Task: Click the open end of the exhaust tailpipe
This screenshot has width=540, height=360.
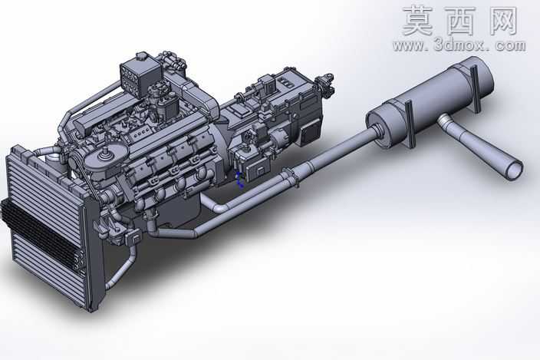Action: [514, 170]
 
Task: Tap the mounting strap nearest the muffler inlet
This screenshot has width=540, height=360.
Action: [410, 124]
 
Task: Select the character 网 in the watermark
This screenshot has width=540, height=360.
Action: [501, 21]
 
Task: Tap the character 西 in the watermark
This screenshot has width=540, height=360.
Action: [459, 21]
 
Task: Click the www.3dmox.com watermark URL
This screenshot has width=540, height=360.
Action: [459, 45]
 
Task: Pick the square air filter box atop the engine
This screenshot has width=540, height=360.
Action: [140, 78]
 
